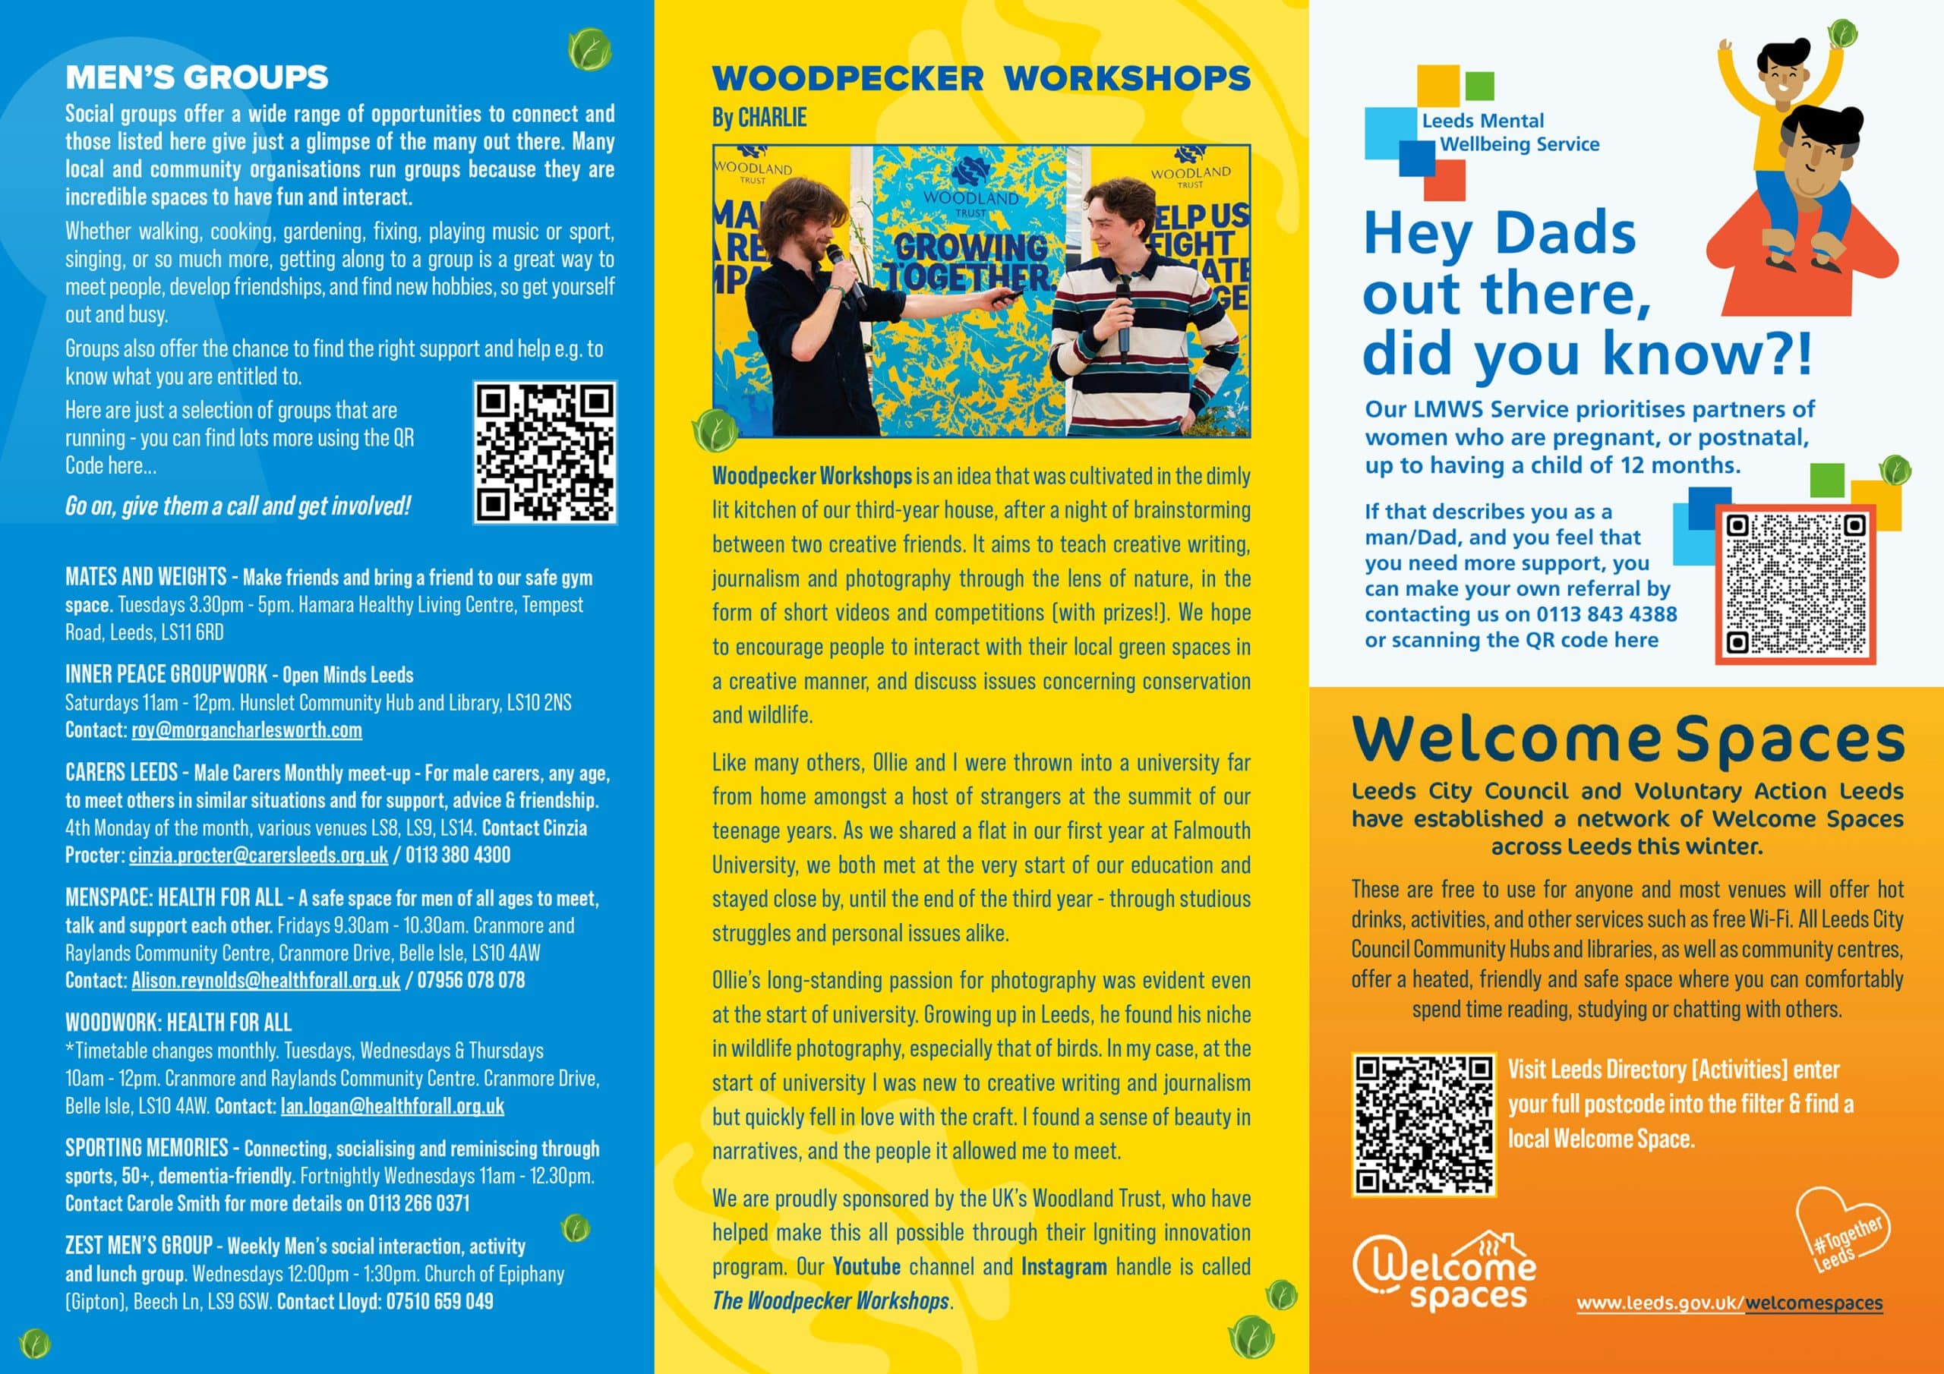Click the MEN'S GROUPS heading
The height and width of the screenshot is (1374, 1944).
(197, 77)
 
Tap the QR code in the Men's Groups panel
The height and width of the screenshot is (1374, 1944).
(544, 452)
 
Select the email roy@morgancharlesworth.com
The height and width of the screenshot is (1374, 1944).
(246, 730)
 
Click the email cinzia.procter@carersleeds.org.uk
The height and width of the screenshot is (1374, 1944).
(258, 855)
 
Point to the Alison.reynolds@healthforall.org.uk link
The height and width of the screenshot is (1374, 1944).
(265, 980)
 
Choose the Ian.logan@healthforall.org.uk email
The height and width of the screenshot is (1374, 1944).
(392, 1105)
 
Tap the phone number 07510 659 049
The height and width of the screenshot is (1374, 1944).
(440, 1301)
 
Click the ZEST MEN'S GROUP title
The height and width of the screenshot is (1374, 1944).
(139, 1245)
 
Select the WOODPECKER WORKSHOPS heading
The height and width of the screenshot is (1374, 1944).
(980, 79)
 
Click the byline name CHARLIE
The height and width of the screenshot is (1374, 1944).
(772, 118)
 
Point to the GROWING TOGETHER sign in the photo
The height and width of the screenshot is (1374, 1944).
(970, 260)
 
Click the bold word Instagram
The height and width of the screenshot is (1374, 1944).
(1063, 1266)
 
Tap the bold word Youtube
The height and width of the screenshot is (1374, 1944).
(866, 1266)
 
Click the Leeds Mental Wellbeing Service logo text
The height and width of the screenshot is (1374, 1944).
(1510, 133)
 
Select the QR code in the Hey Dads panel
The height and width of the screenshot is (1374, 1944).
(1795, 585)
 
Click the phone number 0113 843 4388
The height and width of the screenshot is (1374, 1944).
(1606, 614)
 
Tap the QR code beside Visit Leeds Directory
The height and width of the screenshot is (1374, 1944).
(1423, 1124)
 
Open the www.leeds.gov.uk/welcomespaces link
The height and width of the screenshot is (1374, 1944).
(1729, 1303)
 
